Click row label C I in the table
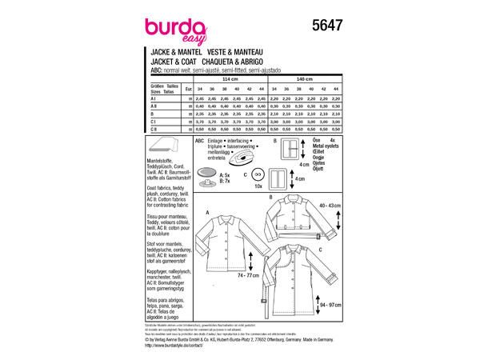(x=156, y=121)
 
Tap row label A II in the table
(x=156, y=106)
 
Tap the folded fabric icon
(x=167, y=149)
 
